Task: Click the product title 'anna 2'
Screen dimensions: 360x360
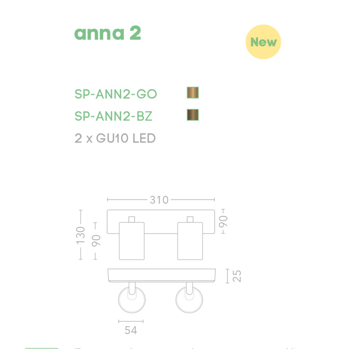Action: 108,33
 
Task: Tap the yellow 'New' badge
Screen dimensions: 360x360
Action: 263,42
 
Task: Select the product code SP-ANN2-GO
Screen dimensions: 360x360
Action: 116,94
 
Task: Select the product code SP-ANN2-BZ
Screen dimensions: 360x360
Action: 113,116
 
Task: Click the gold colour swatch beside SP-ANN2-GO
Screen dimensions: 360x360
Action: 193,93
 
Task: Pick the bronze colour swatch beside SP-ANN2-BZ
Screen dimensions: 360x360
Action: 193,115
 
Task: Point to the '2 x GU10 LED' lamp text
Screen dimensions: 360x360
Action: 115,138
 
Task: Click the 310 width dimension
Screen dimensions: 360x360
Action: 159,199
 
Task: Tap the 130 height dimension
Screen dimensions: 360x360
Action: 81,235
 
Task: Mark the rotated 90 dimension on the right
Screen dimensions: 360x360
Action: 224,221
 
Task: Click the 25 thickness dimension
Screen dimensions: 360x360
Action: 237,275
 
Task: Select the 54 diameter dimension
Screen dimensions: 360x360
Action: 130,330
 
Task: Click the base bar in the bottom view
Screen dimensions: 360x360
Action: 161,275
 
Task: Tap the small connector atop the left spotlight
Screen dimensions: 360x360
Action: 131,219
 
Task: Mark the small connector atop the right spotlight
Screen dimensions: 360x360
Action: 190,219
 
